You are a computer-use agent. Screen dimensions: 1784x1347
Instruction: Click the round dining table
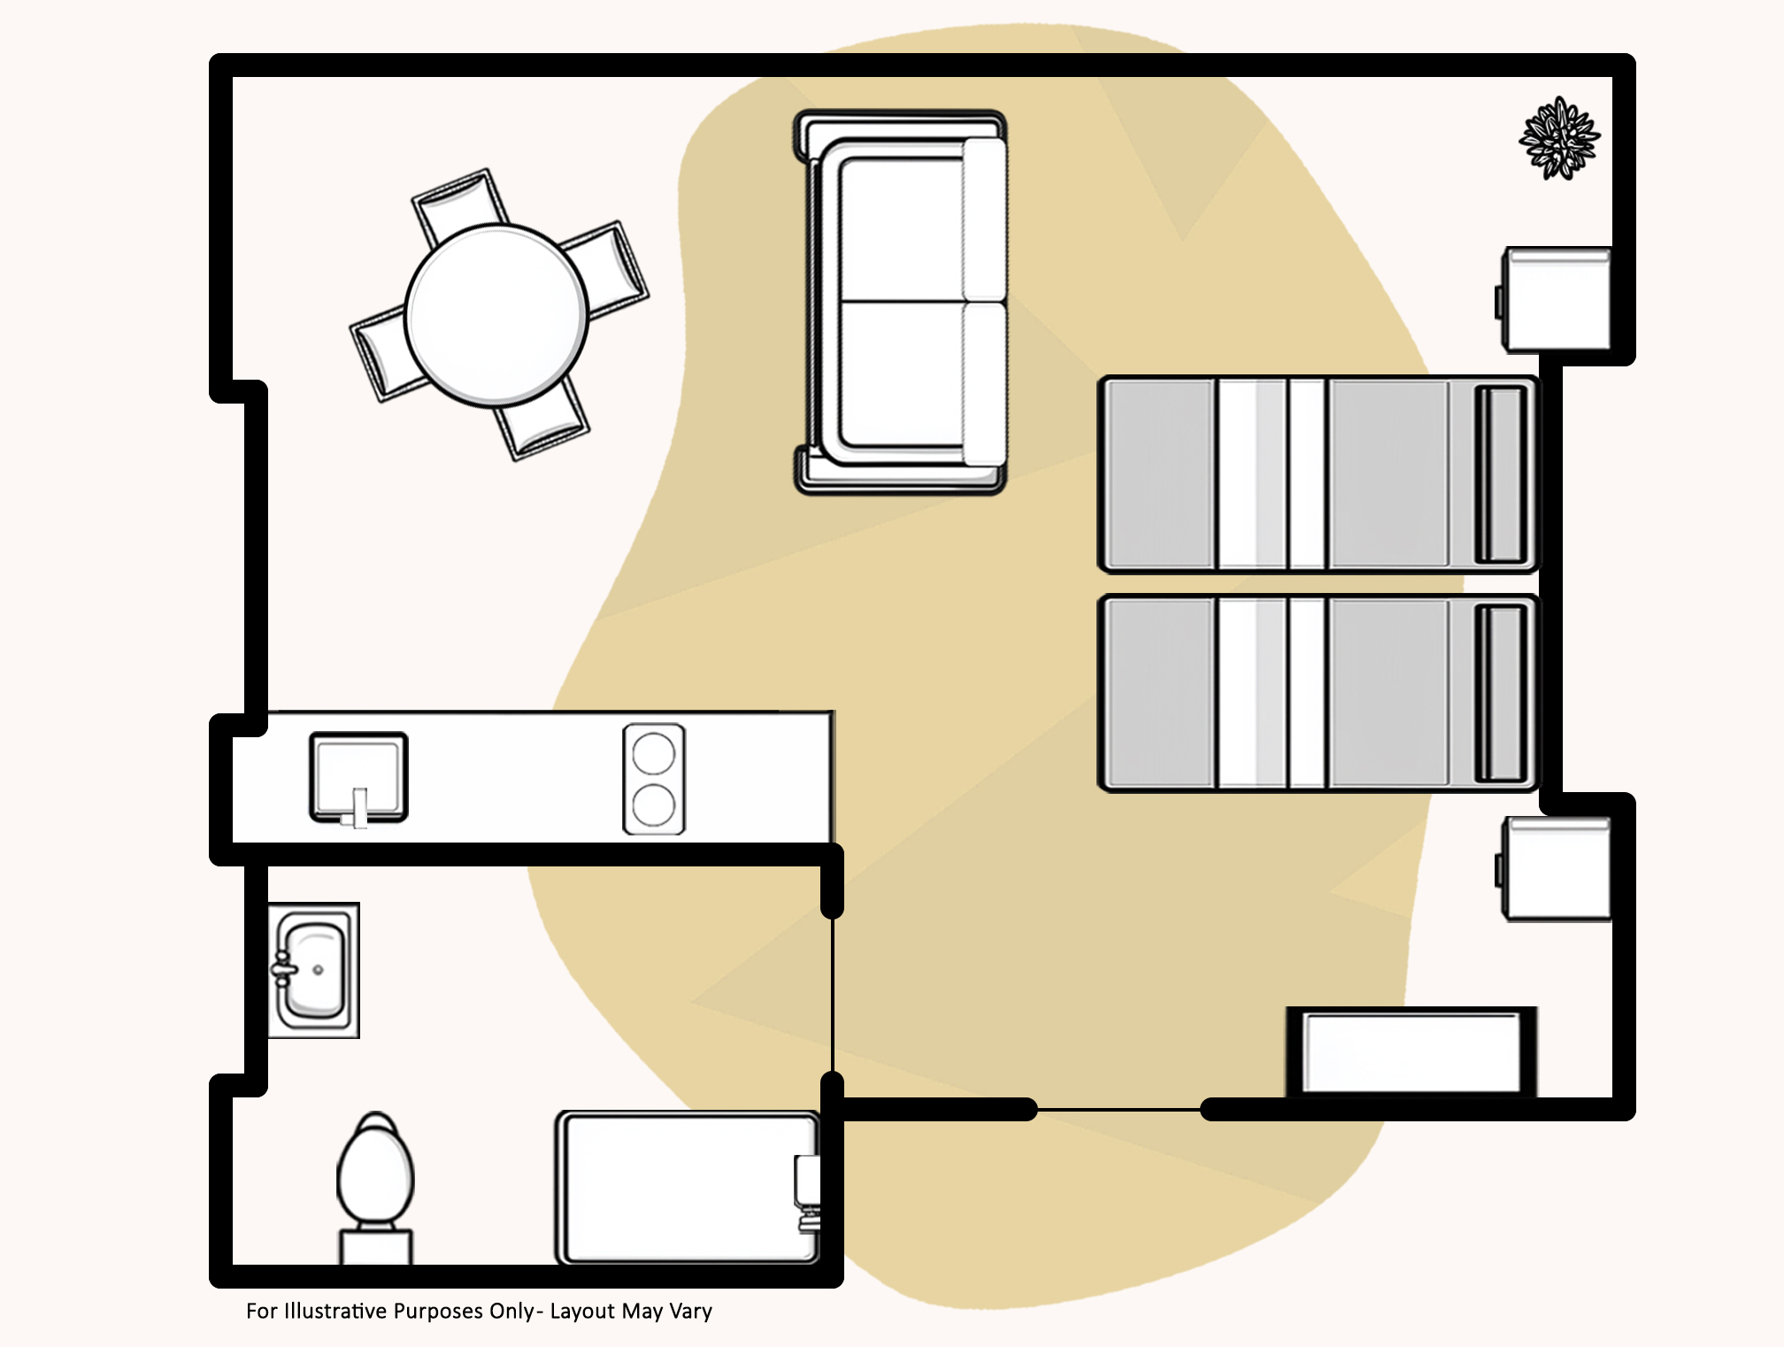point(496,315)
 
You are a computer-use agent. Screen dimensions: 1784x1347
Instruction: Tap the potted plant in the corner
point(1559,138)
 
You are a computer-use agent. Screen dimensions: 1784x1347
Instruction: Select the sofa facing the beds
point(900,302)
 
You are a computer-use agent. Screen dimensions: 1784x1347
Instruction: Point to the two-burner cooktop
point(654,779)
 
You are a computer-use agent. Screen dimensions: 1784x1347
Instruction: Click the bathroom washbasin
point(313,970)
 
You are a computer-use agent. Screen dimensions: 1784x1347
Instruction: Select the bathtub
point(688,1188)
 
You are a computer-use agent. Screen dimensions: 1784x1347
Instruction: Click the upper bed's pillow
point(1501,474)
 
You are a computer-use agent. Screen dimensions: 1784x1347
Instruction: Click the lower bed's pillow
point(1501,693)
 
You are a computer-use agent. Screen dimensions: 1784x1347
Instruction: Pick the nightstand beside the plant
point(1555,299)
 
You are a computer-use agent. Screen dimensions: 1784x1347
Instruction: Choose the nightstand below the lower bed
point(1555,869)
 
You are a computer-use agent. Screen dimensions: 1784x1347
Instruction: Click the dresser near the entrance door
point(1411,1052)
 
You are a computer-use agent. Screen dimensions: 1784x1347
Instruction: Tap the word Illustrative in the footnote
point(334,1311)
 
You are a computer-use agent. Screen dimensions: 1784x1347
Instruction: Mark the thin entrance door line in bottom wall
point(1119,1109)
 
